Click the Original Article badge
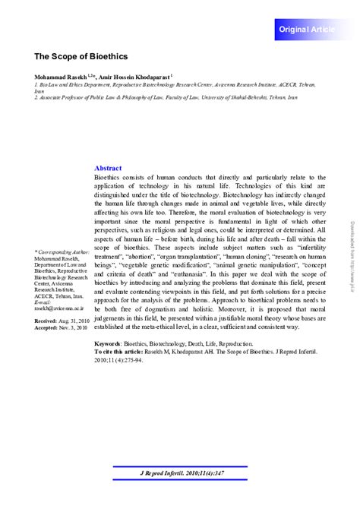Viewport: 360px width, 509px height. click(x=311, y=29)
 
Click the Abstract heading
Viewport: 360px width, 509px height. click(x=107, y=168)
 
